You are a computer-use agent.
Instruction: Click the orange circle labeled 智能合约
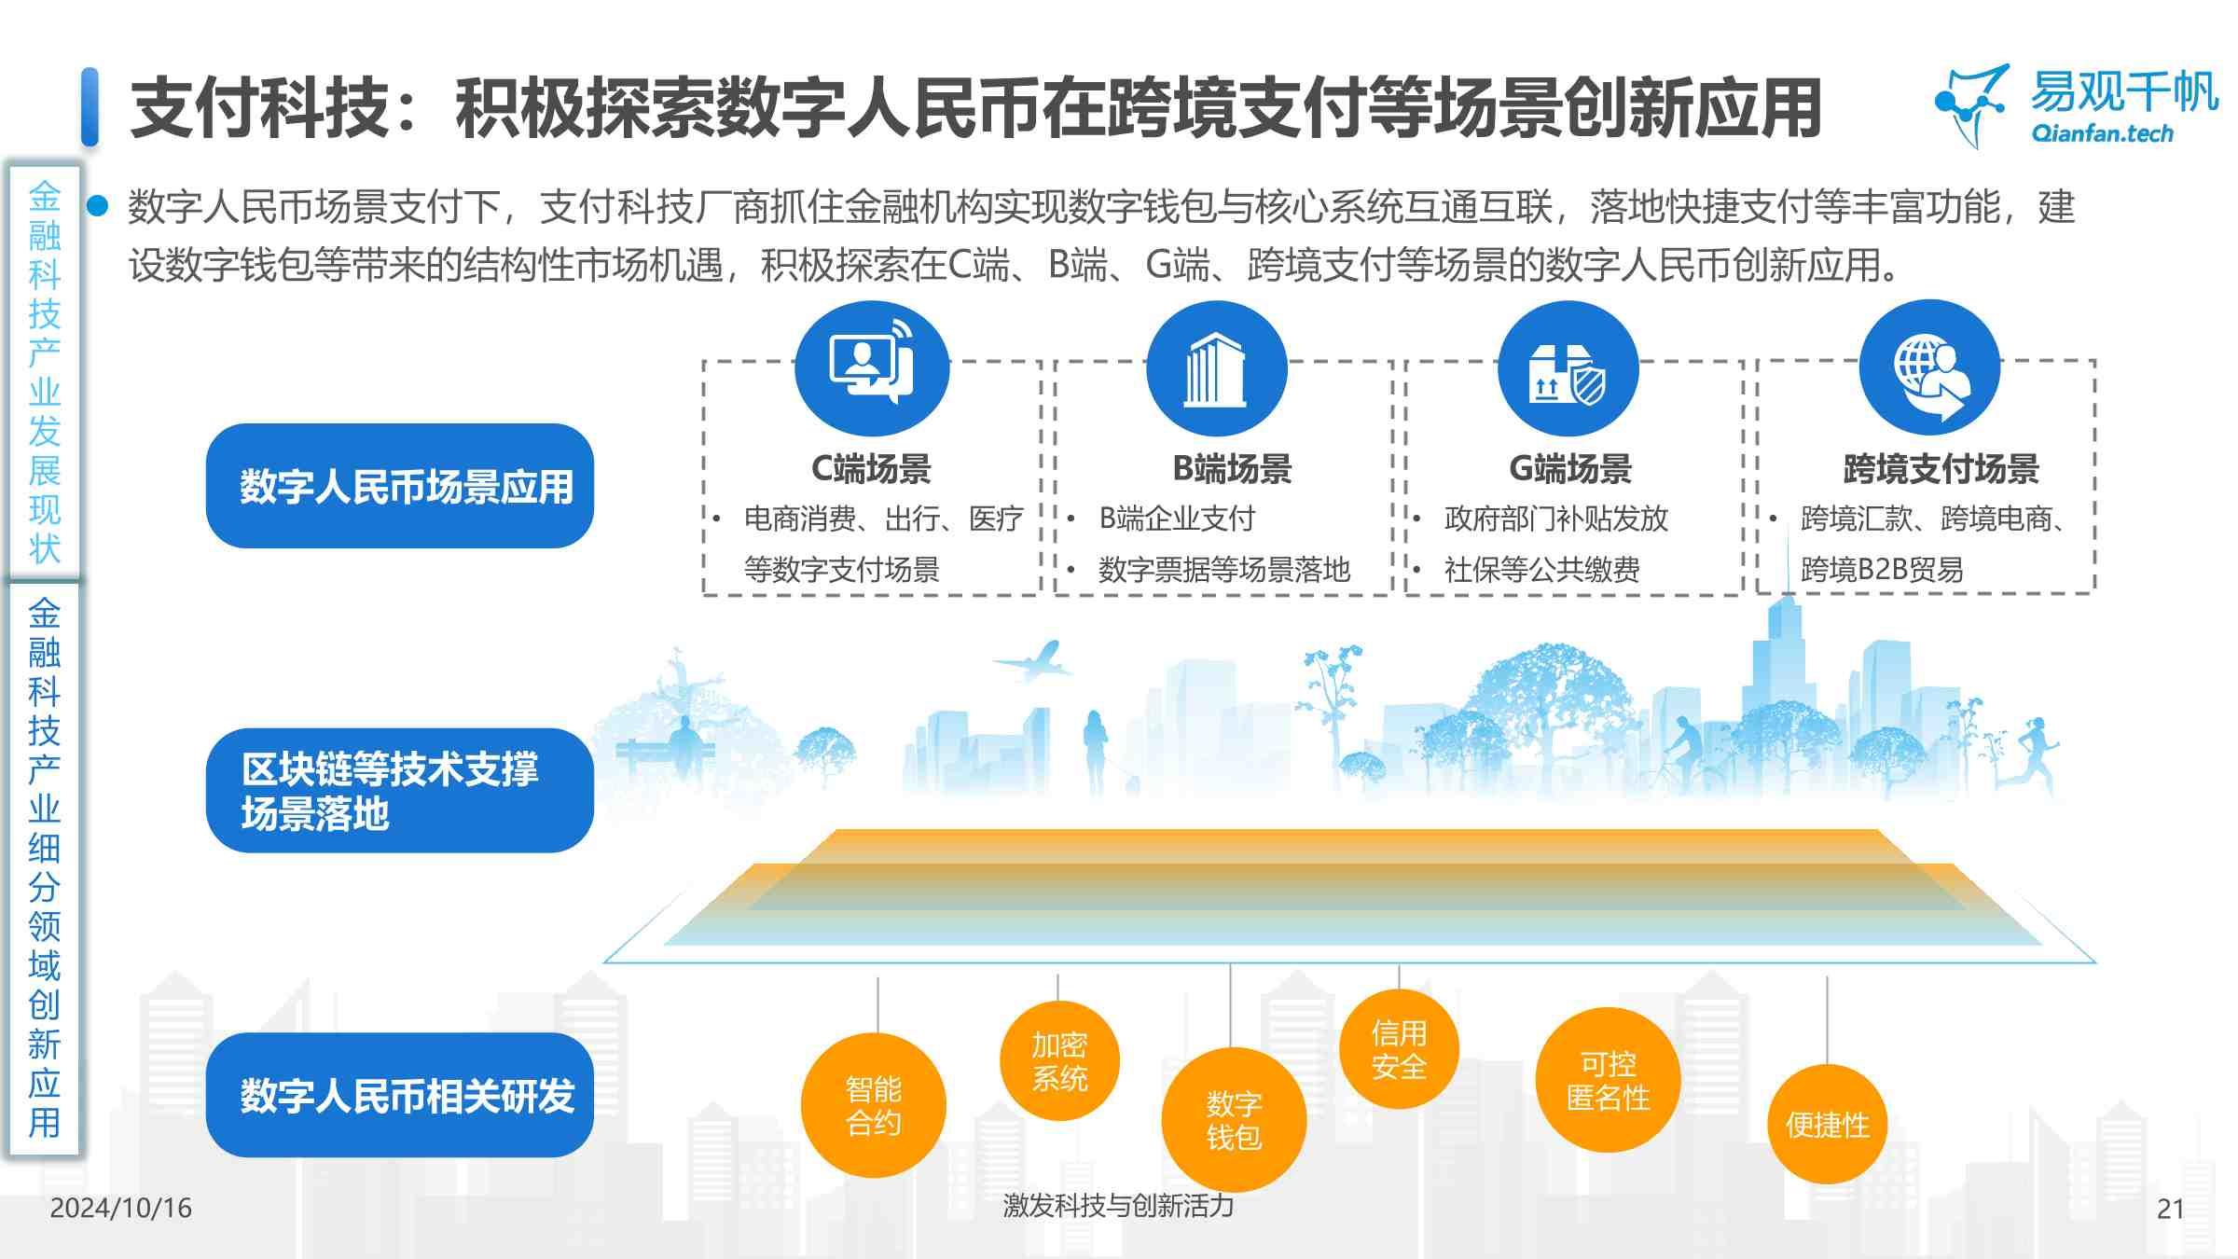pos(873,1105)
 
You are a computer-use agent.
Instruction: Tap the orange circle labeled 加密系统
pos(1059,1061)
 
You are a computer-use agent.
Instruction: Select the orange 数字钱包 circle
pos(1233,1120)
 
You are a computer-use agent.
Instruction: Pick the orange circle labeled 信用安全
pos(1399,1049)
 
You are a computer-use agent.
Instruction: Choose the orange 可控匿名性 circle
pos(1608,1080)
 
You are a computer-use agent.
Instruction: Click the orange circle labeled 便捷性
pos(1827,1125)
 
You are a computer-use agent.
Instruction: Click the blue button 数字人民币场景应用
pos(400,486)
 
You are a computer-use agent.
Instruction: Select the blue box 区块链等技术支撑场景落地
pos(400,790)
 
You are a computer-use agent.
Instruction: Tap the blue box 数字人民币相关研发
pos(400,1095)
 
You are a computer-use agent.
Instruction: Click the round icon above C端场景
pos(872,368)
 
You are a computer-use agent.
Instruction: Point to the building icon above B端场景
pos(1216,368)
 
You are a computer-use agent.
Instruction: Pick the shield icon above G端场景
pos(1568,368)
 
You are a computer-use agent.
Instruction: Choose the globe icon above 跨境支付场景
pos(1929,368)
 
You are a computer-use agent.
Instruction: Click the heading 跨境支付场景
pos(1941,469)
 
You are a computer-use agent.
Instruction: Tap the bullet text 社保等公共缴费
pos(1541,569)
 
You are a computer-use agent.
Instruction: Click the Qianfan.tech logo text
pos(2102,134)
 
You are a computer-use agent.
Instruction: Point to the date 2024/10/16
pos(120,1208)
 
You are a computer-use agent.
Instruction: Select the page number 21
pos(2170,1209)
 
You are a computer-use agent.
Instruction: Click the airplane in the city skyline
pos(1033,659)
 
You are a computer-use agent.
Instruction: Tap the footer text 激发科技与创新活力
pos(1118,1206)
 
